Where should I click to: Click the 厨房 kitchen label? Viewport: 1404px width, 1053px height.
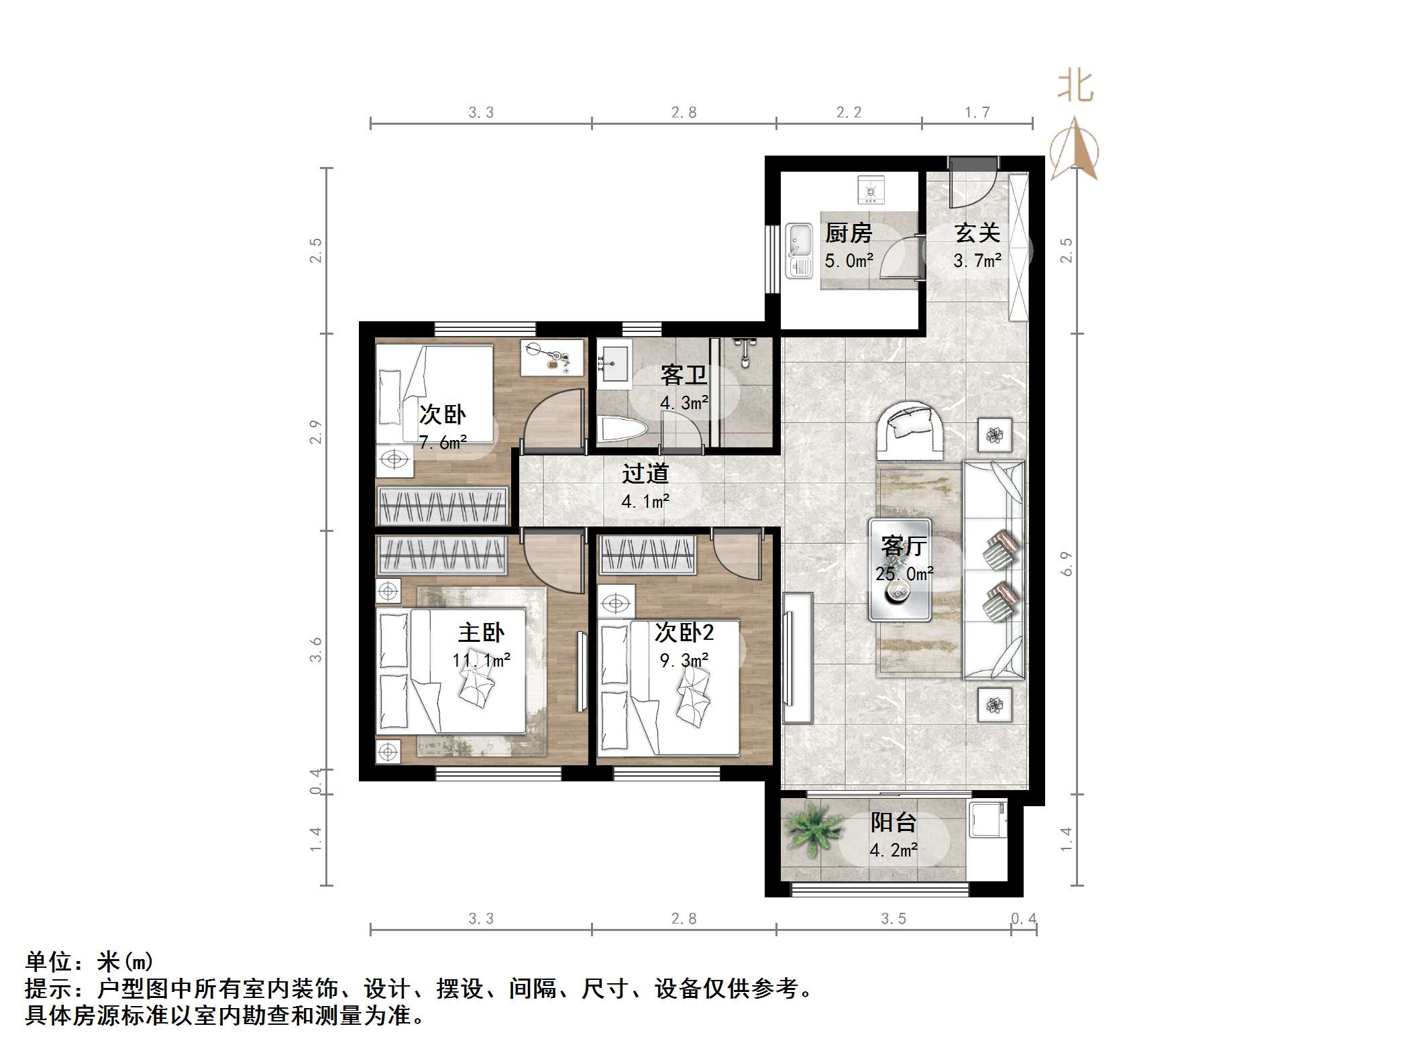tap(848, 233)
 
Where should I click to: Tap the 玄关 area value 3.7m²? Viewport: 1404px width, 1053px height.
tap(977, 260)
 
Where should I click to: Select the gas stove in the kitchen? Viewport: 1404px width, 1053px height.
tap(871, 190)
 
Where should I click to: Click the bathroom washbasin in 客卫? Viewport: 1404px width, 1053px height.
tap(613, 366)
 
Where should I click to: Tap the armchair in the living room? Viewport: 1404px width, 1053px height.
tap(911, 429)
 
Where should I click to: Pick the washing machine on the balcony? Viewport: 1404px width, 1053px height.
tap(987, 818)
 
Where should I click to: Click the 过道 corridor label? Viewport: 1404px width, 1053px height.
tap(645, 474)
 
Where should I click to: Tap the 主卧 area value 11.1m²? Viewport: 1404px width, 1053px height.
tap(481, 661)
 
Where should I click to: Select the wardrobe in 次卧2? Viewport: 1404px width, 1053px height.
tap(647, 555)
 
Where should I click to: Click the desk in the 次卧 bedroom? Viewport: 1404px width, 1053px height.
tap(551, 357)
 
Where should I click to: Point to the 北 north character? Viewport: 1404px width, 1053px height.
tap(1075, 87)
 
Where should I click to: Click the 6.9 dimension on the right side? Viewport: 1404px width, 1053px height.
tap(1066, 563)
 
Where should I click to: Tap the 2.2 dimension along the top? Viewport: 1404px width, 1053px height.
tap(849, 113)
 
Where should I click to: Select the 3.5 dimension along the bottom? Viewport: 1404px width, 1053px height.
tap(893, 919)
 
